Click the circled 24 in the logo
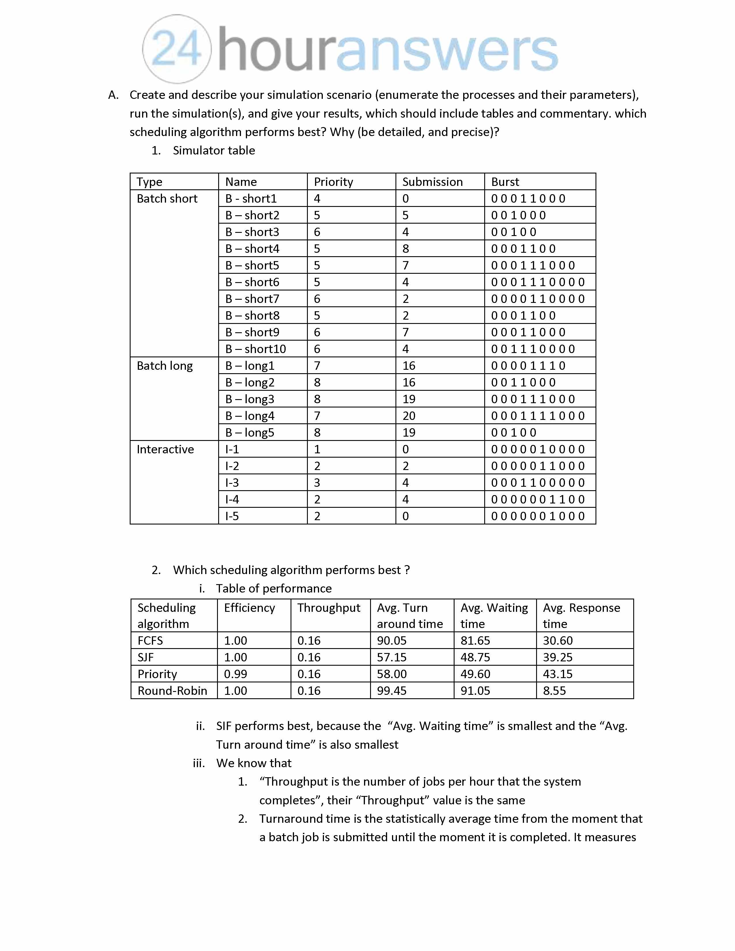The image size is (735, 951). pyautogui.click(x=177, y=49)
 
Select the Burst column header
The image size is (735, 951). pyautogui.click(x=505, y=182)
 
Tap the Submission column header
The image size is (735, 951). pyautogui.click(x=432, y=182)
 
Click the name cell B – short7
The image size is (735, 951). pyautogui.click(x=252, y=299)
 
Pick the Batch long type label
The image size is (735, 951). pyautogui.click(x=165, y=366)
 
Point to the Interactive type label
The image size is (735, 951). pyautogui.click(x=165, y=449)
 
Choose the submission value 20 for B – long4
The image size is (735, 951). pyautogui.click(x=409, y=416)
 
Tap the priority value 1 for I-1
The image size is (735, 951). pyautogui.click(x=317, y=449)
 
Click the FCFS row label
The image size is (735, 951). pyautogui.click(x=150, y=641)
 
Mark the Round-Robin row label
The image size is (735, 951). pyautogui.click(x=172, y=690)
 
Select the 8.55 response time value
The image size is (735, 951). pyautogui.click(x=554, y=690)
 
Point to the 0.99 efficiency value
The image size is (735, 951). pyautogui.click(x=235, y=674)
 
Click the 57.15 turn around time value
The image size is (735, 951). pyautogui.click(x=391, y=657)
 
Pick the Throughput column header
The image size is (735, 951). pyautogui.click(x=329, y=608)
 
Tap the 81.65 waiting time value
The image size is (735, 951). pyautogui.click(x=475, y=641)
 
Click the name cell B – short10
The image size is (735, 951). pyautogui.click(x=256, y=349)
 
